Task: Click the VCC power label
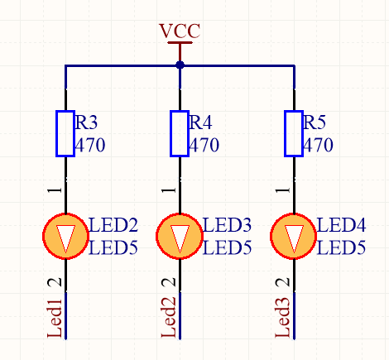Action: [x=180, y=31]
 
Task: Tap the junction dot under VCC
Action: [x=180, y=65]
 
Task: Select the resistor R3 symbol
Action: [x=65, y=132]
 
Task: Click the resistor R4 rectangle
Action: [x=180, y=132]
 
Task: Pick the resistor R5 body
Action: [x=293, y=132]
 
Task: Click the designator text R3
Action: [x=86, y=123]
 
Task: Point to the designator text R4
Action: [x=200, y=123]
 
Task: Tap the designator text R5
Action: [x=315, y=123]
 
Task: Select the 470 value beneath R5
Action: [x=318, y=146]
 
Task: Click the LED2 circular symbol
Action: [x=65, y=237]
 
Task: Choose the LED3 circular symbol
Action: [x=180, y=237]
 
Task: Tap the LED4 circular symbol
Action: [x=294, y=237]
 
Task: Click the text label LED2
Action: [x=113, y=225]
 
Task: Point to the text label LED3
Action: [x=227, y=225]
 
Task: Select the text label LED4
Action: [x=341, y=225]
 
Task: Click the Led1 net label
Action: [x=55, y=318]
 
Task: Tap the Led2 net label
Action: [x=169, y=318]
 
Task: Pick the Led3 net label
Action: [x=283, y=318]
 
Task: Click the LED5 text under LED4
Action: [x=341, y=247]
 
